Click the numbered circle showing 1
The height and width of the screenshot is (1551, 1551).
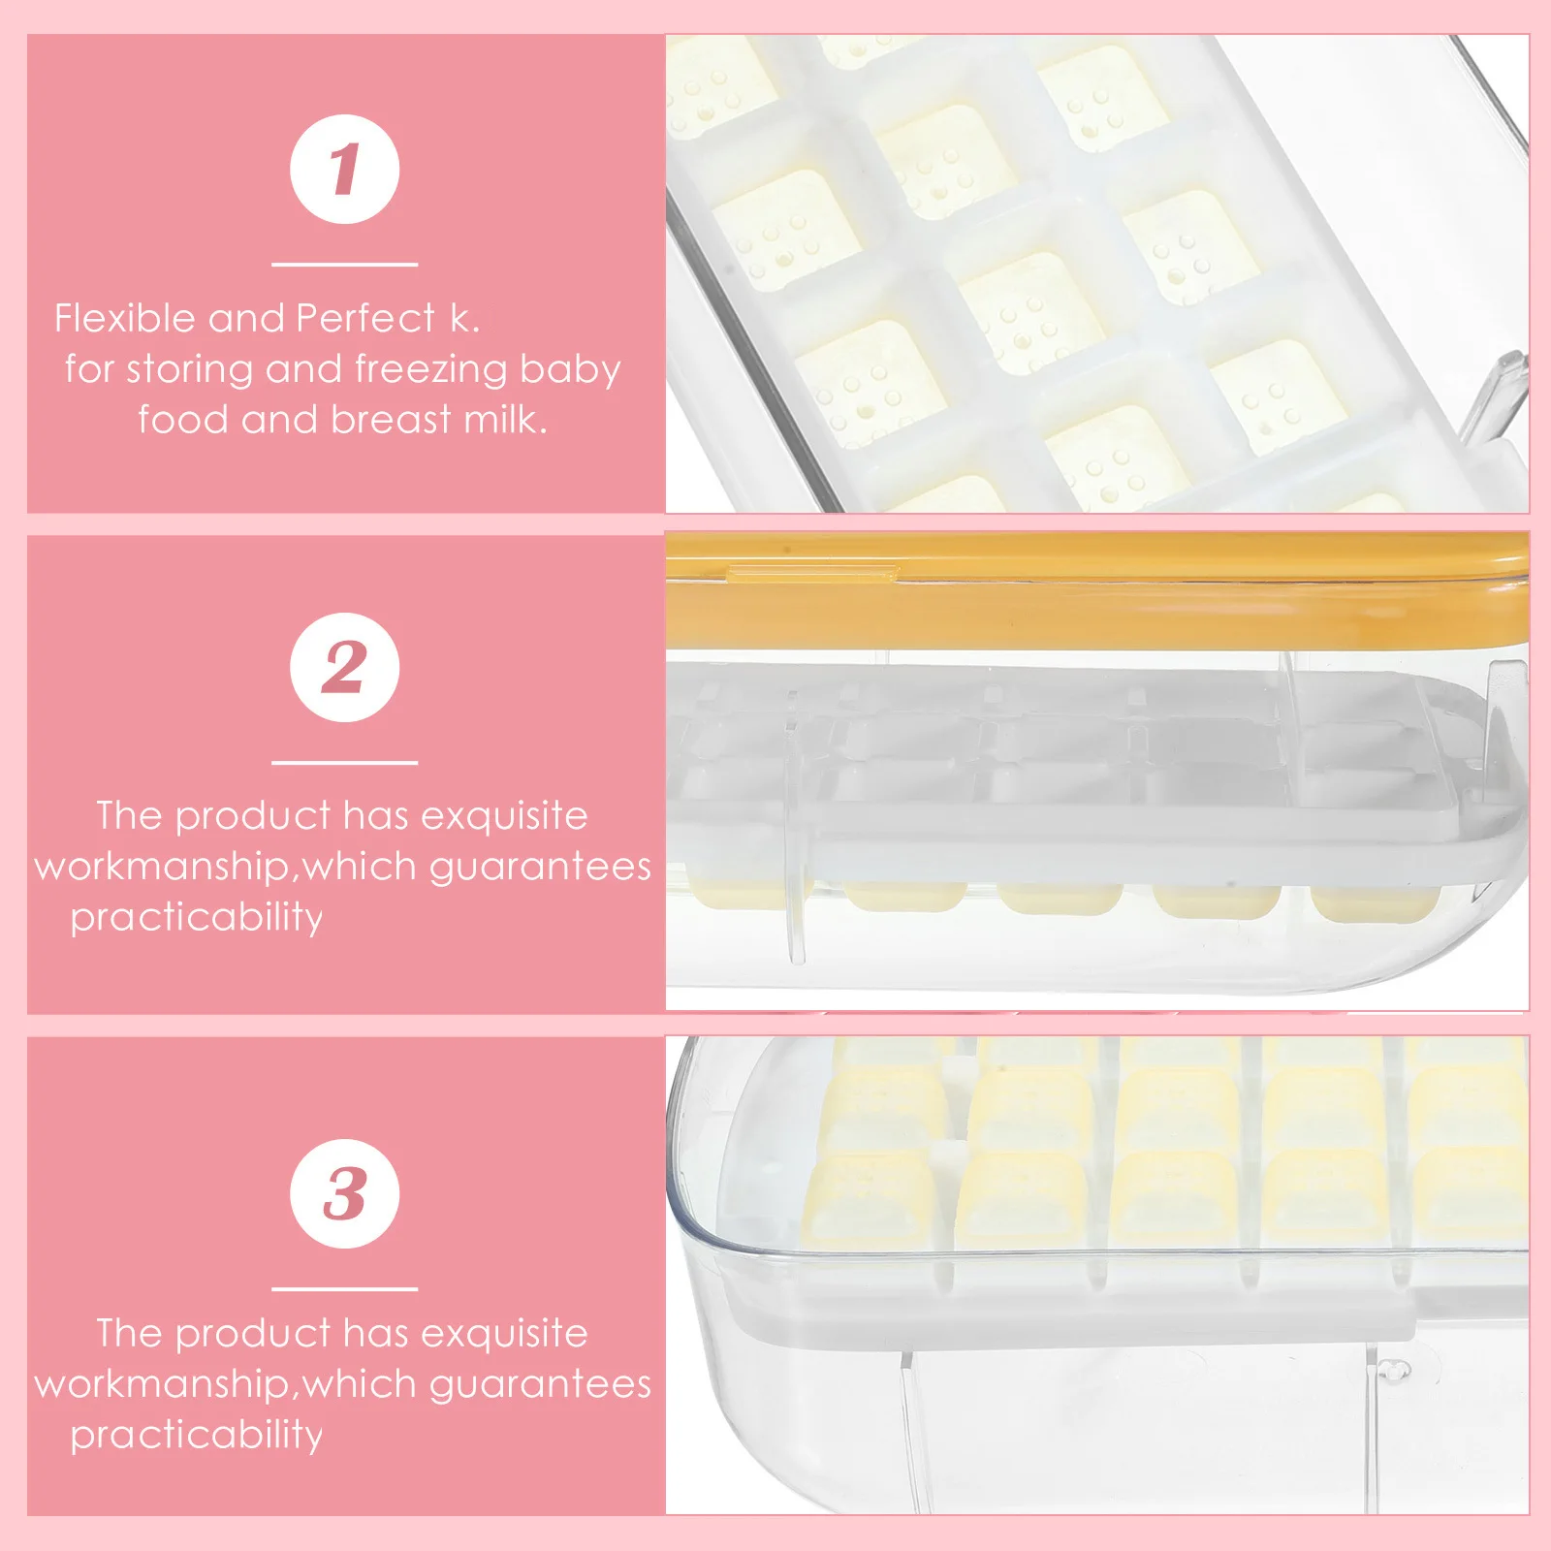click(344, 169)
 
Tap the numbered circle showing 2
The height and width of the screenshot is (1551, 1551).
click(344, 667)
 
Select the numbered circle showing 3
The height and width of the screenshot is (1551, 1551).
click(344, 1193)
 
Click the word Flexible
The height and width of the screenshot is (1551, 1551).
click(124, 318)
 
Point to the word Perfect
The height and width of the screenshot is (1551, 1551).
click(365, 318)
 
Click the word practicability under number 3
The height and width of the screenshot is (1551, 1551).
click(196, 1434)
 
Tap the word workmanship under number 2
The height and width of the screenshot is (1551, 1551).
click(162, 867)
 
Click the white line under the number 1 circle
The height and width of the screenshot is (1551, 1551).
click(344, 264)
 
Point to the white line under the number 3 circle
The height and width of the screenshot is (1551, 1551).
click(344, 1289)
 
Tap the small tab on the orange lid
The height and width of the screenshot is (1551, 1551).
click(812, 574)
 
